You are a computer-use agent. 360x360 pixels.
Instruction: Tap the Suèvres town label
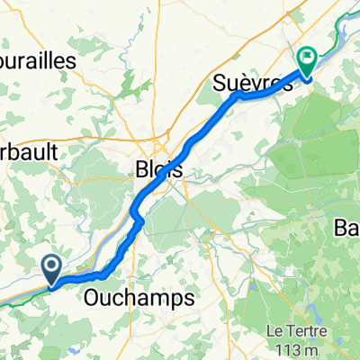pos(255,85)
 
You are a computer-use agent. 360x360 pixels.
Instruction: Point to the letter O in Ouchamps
pos(94,297)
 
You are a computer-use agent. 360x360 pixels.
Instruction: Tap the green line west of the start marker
pos(18,300)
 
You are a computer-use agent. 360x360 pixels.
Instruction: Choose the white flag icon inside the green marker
pos(307,59)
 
